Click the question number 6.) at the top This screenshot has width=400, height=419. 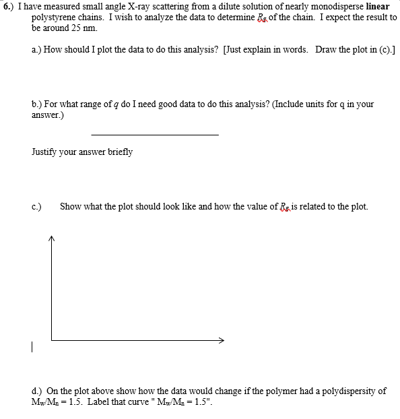pos(9,6)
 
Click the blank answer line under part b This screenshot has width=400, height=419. pos(154,135)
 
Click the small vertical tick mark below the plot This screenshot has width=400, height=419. pos(32,348)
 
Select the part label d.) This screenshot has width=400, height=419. pos(38,391)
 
